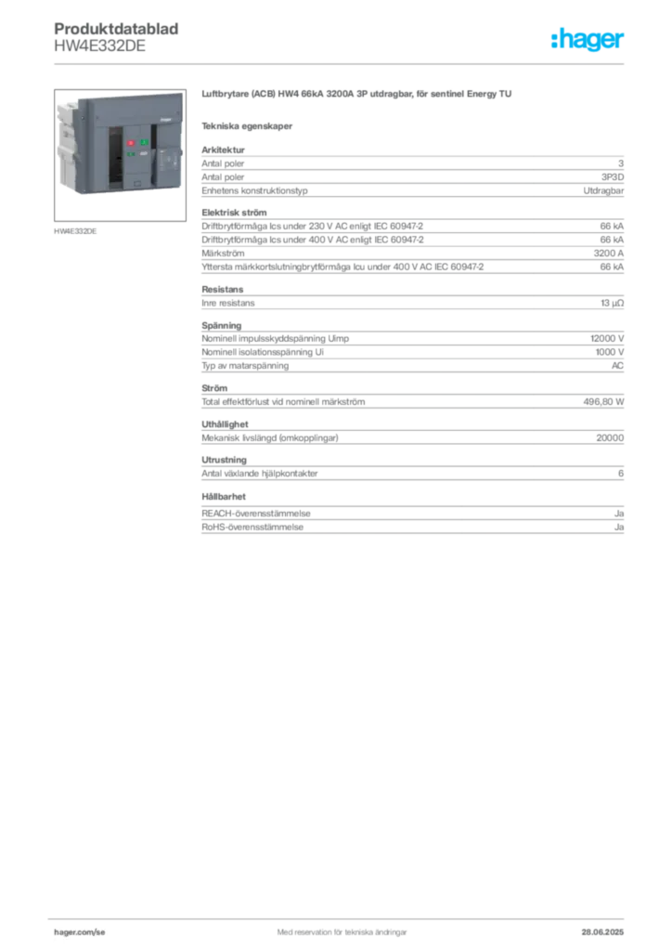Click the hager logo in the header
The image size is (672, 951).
pos(588,40)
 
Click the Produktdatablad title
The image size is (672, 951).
pos(116,29)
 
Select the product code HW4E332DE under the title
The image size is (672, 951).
pos(100,46)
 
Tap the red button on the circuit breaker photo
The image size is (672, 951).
pos(130,143)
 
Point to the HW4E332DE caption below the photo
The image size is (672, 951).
pos(75,231)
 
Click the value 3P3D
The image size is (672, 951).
pos(612,177)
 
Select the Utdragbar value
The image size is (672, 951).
pos(603,190)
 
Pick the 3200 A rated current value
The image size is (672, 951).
pos(608,253)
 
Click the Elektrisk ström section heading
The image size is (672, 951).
pos(234,213)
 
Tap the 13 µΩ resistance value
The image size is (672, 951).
pos(612,303)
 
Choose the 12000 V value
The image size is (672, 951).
pos(607,338)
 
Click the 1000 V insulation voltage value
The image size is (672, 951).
pos(610,352)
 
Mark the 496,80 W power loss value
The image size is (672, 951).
pos(603,401)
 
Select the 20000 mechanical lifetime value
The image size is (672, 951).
pos(610,437)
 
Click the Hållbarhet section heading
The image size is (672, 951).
pos(224,496)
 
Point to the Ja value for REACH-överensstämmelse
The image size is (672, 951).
pos(619,513)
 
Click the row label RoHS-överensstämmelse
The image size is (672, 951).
pos(252,528)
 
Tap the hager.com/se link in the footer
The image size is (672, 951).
pos(80,932)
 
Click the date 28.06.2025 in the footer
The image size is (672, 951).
pos(602,932)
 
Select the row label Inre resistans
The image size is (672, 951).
pos(227,303)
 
